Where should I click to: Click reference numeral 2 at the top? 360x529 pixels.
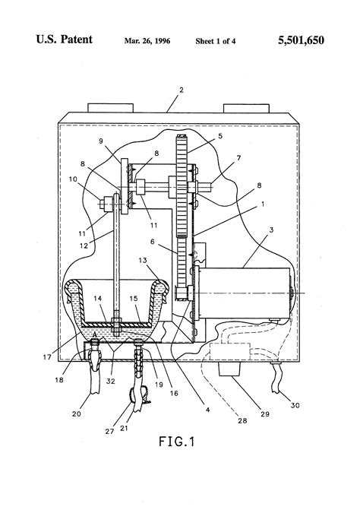click(180, 90)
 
